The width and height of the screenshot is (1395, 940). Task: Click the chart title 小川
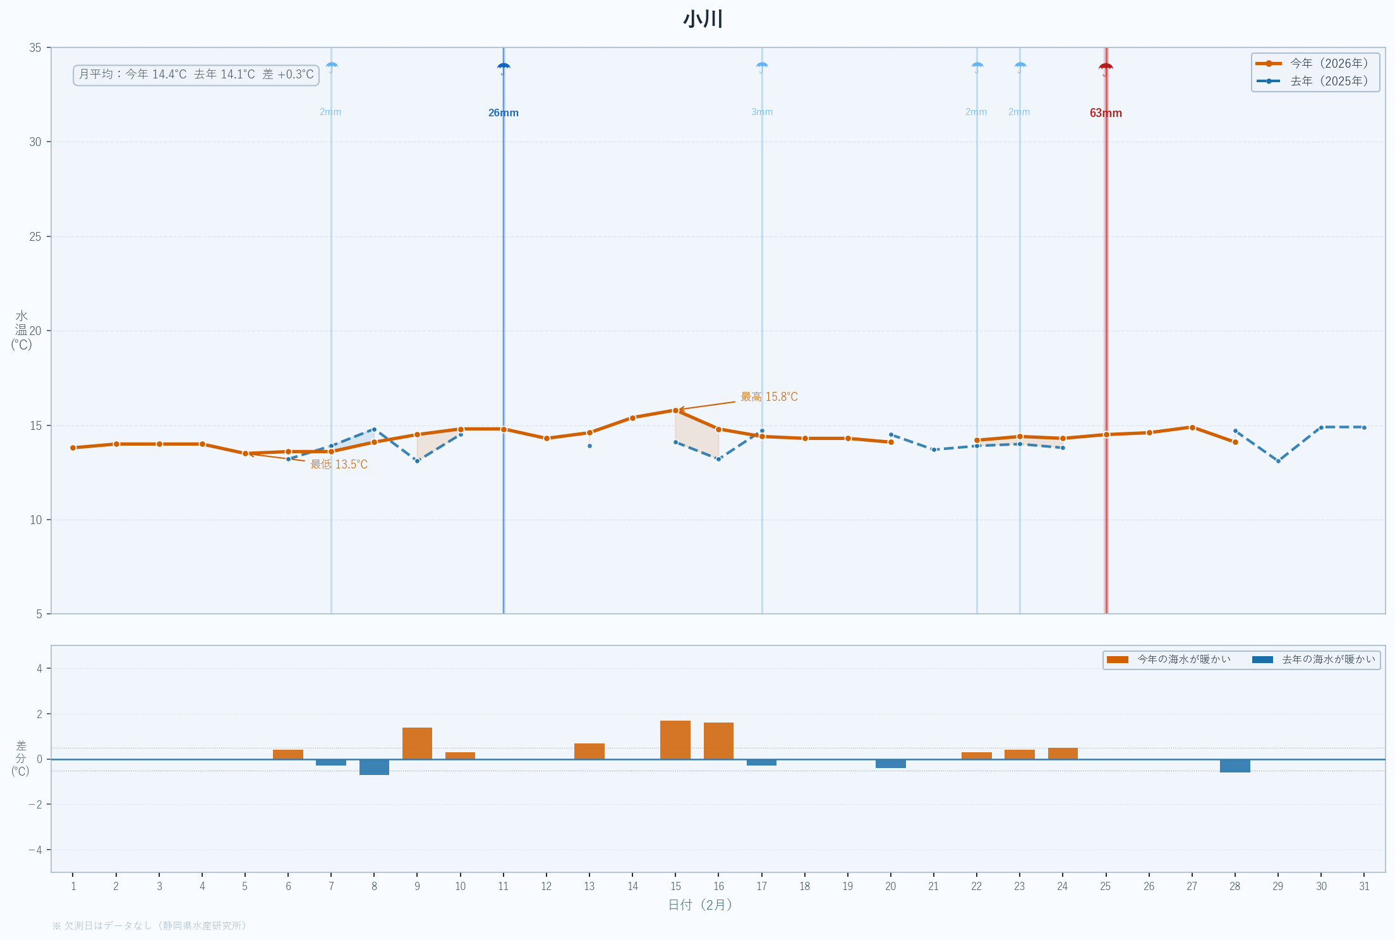703,19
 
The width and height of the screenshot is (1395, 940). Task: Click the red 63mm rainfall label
1106,113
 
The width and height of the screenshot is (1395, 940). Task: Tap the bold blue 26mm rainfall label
504,113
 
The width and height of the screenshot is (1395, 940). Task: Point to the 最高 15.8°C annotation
769,397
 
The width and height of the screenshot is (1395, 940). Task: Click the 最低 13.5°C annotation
339,465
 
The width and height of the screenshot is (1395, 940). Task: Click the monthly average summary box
196,75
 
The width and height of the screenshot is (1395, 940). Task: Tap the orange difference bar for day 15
675,740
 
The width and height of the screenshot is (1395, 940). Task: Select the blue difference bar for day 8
374,767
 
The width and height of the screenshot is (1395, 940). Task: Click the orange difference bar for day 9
417,743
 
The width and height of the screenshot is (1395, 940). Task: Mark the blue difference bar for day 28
1235,766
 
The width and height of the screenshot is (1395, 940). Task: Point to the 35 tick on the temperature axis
35,48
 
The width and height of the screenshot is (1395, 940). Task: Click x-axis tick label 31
1364,886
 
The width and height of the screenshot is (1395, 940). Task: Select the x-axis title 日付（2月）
700,905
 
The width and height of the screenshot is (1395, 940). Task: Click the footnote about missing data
149,925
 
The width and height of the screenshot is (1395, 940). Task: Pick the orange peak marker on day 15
675,411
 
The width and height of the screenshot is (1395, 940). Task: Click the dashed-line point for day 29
1278,461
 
